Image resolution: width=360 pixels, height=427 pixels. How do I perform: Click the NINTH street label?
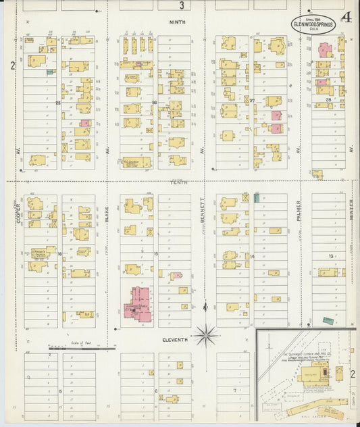click(x=179, y=22)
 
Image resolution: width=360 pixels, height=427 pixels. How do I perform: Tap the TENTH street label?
click(x=179, y=182)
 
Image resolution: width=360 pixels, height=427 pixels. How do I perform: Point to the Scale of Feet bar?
click(x=82, y=349)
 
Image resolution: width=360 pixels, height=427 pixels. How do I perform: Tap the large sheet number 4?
click(x=346, y=18)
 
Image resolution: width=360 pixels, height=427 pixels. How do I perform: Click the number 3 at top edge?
click(x=181, y=6)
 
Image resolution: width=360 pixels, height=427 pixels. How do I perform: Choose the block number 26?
click(x=155, y=103)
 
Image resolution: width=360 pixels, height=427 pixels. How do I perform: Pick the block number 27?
click(x=252, y=101)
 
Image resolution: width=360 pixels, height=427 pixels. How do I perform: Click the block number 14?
click(x=252, y=256)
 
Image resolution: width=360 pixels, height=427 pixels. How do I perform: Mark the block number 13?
click(x=330, y=256)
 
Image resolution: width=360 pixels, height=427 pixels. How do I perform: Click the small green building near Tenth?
click(x=257, y=197)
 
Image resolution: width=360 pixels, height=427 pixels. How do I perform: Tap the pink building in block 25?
click(x=86, y=124)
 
